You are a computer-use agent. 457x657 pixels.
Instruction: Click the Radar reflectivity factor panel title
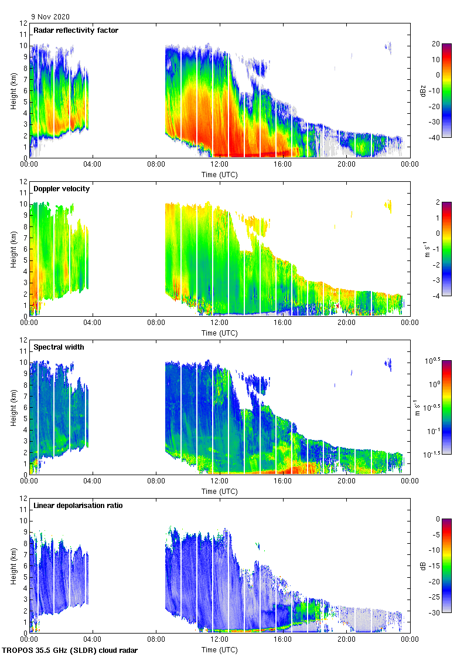[x=76, y=31]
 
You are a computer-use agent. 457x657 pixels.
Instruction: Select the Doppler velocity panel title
[x=61, y=189]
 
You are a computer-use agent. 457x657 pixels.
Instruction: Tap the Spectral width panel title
[x=59, y=347]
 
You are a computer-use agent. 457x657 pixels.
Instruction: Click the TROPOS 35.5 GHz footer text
[x=70, y=651]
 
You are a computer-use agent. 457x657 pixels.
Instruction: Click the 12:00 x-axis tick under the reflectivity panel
[x=219, y=164]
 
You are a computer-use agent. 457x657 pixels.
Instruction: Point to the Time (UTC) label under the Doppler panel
[x=219, y=333]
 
